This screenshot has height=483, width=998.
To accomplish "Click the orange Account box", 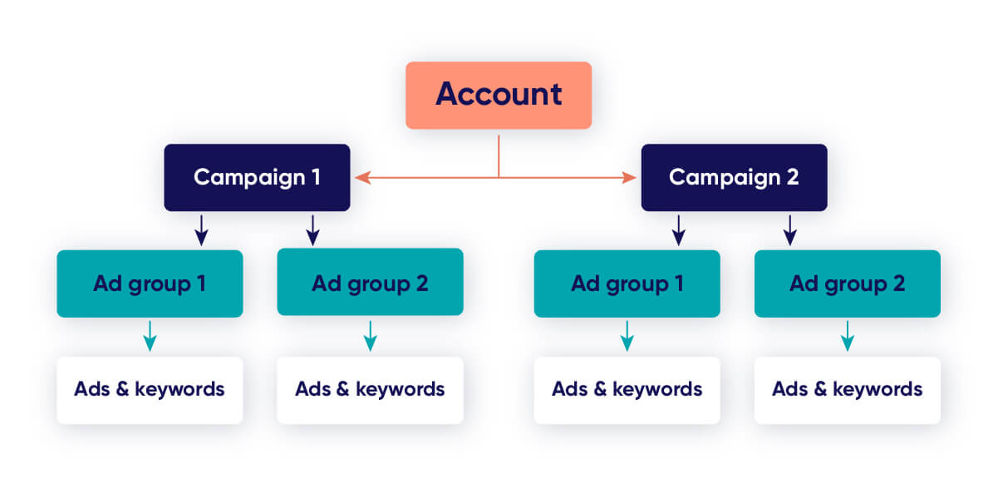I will pos(499,95).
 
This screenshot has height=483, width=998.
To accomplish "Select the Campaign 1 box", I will pos(257,177).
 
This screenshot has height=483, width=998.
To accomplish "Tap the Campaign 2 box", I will pos(734,177).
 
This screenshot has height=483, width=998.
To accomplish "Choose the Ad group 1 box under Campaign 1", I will pos(150,283).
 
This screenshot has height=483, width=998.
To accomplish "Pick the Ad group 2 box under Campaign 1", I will pos(370,283).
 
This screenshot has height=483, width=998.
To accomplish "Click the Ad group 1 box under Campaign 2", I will pos(627,283).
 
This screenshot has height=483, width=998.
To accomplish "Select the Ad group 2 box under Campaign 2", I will pos(847,283).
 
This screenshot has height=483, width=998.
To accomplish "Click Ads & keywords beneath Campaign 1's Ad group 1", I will pos(150,389).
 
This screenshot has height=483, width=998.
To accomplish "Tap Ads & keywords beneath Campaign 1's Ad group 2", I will pos(370,389).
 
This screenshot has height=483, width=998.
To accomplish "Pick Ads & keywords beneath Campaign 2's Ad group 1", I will pos(627,389).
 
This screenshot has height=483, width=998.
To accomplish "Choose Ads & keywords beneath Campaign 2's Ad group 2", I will pos(847,389).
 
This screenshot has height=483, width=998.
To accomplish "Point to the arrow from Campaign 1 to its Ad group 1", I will pos(201,230).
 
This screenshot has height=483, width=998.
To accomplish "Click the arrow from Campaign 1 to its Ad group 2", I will pos(312,230).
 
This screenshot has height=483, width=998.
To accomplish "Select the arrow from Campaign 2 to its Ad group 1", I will pos(678,230).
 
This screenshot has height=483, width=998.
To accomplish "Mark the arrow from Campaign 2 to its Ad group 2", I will pos(790,230).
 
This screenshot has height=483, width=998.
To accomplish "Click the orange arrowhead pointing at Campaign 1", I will pos(361,177).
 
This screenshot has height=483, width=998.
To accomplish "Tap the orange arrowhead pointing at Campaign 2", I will pos(631,177).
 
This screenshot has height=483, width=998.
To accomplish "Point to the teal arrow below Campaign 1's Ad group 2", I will pos(370,336).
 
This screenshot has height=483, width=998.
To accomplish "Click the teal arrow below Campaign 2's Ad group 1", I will pos(627,336).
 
